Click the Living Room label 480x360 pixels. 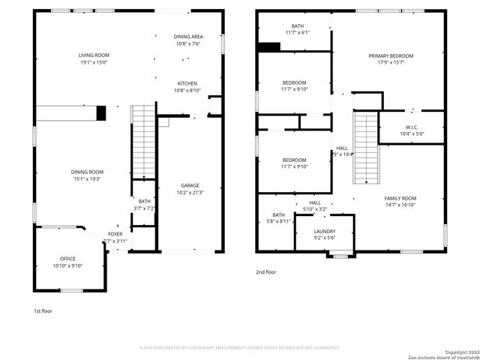tap(94, 55)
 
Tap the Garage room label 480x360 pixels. tap(190, 185)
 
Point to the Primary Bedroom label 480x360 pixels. tap(390, 55)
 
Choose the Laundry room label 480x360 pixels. tap(325, 231)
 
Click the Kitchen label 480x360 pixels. tap(187, 83)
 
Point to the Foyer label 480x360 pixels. tap(115, 234)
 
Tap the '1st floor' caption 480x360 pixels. tap(42, 310)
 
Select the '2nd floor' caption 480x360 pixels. tap(266, 272)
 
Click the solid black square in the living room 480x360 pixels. tap(101, 113)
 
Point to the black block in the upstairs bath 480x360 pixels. tap(268, 46)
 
